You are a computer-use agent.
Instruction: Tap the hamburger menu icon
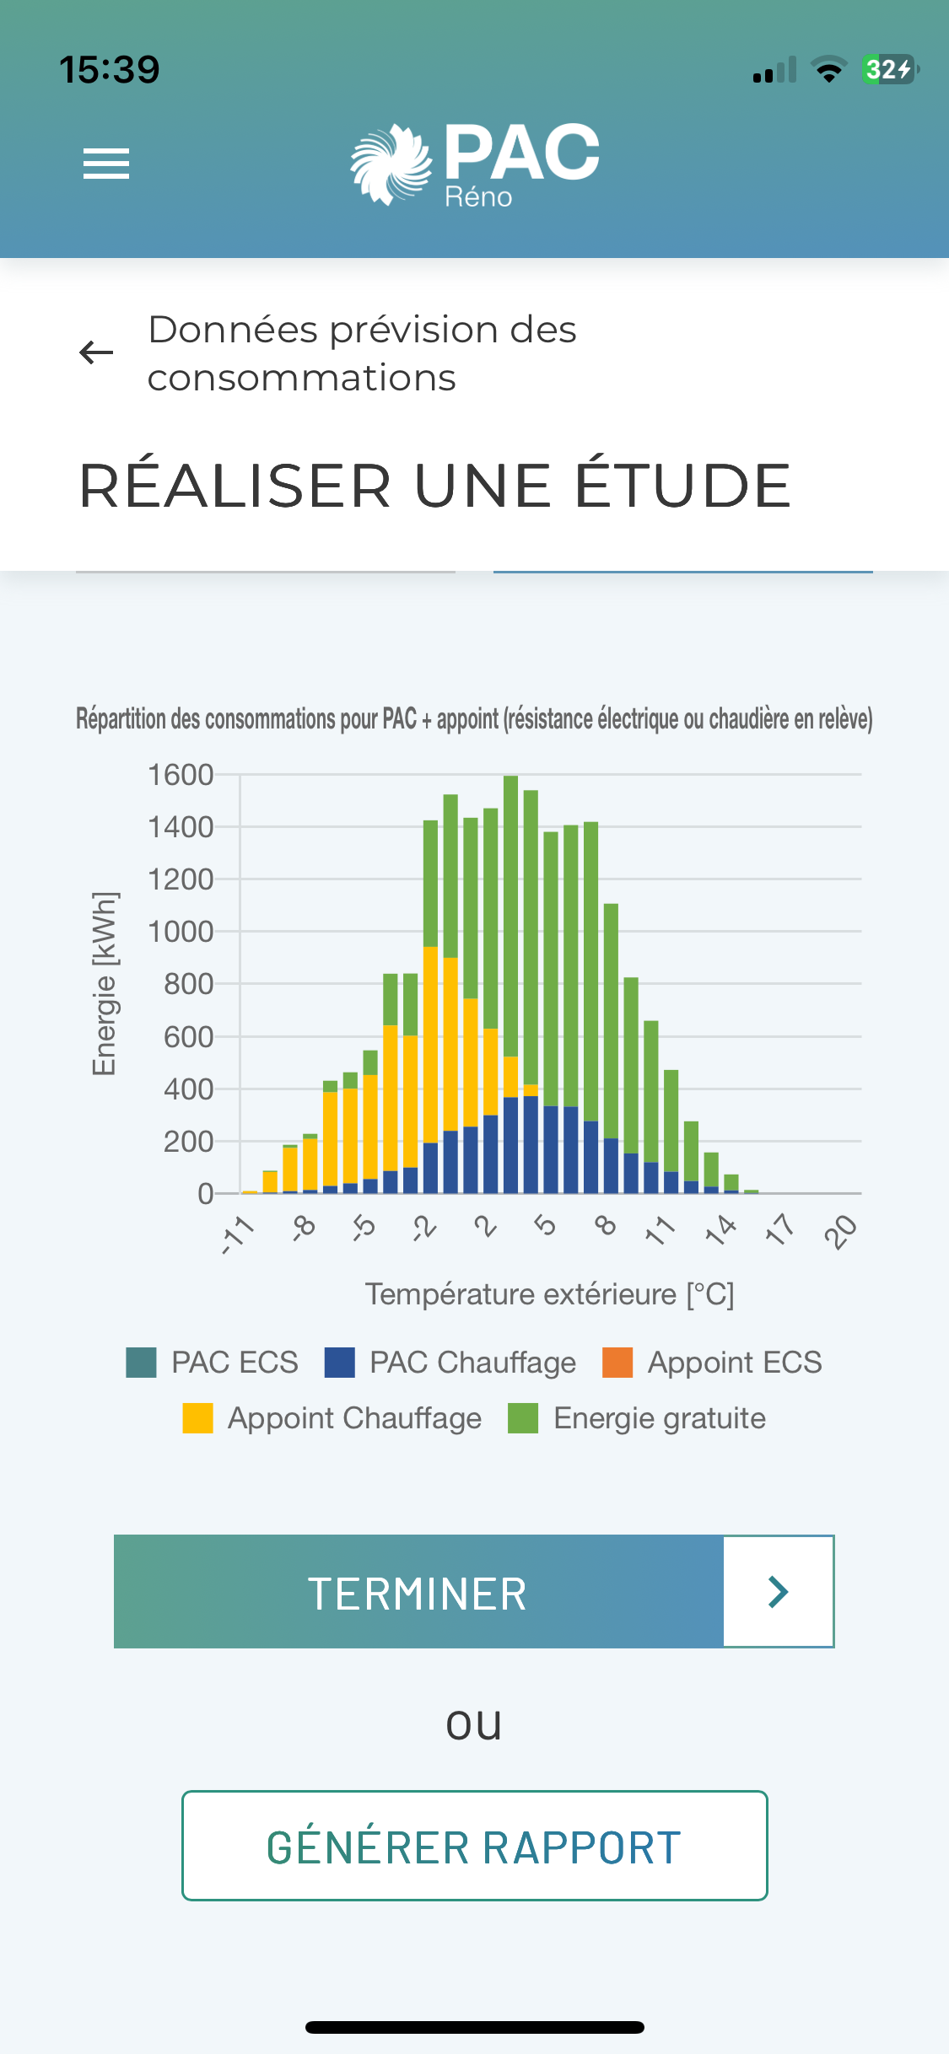pyautogui.click(x=106, y=164)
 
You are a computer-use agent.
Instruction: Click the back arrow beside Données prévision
pyautogui.click(x=96, y=352)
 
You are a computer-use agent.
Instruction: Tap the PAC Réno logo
pyautogui.click(x=475, y=164)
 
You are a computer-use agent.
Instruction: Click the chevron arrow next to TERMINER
pyautogui.click(x=778, y=1592)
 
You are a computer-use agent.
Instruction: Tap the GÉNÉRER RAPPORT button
pyautogui.click(x=474, y=1846)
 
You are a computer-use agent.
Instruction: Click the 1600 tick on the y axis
pyautogui.click(x=181, y=775)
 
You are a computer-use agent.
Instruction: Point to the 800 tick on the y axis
pyautogui.click(x=188, y=984)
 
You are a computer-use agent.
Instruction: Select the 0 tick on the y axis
pyautogui.click(x=205, y=1194)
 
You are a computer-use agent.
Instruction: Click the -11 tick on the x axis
pyautogui.click(x=238, y=1234)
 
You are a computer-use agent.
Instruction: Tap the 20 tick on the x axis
pyautogui.click(x=840, y=1232)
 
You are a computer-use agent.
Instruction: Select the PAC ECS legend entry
pyautogui.click(x=213, y=1363)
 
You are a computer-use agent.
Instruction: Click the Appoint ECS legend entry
pyautogui.click(x=713, y=1363)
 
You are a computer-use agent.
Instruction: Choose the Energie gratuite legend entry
pyautogui.click(x=638, y=1418)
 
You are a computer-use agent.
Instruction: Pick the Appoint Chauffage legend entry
pyautogui.click(x=332, y=1418)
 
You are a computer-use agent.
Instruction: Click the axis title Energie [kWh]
pyautogui.click(x=105, y=983)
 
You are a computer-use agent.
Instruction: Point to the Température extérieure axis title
pyautogui.click(x=549, y=1294)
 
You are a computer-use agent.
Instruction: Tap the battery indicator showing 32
pyautogui.click(x=888, y=69)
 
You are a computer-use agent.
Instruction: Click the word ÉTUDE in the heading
pyautogui.click(x=682, y=486)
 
